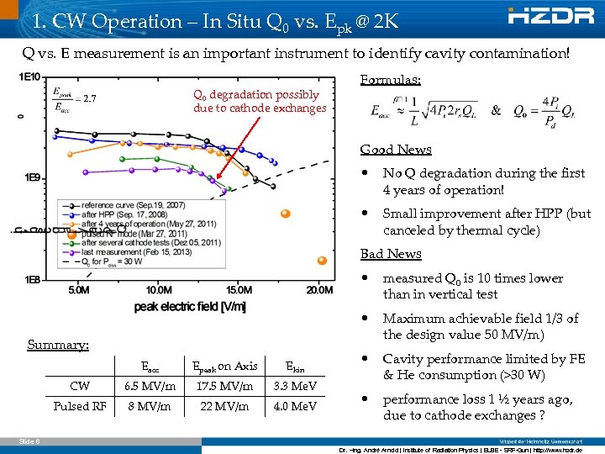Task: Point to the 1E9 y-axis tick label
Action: (x=31, y=177)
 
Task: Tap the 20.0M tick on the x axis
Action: (x=318, y=290)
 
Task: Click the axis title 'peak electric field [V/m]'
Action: (x=189, y=307)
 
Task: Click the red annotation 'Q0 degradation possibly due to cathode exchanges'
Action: (x=259, y=102)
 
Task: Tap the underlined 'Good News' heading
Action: (x=396, y=150)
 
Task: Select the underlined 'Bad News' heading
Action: (x=391, y=254)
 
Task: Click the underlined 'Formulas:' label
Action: (x=391, y=80)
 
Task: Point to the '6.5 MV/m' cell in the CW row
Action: (x=150, y=387)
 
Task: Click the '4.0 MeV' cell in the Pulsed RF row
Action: (x=301, y=407)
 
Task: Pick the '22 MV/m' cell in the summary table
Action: (x=224, y=407)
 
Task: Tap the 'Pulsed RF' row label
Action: (x=80, y=407)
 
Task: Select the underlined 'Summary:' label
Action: (x=57, y=345)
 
